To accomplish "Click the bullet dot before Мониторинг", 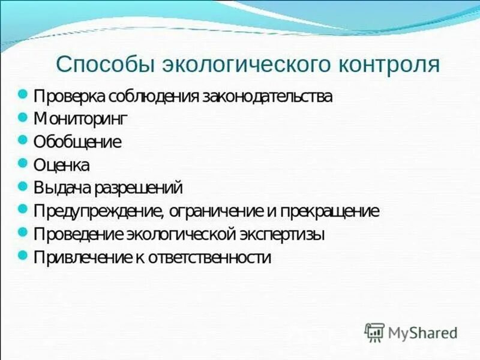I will (x=23, y=117).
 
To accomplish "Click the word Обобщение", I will (x=77, y=142).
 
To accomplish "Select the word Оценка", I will (x=62, y=165).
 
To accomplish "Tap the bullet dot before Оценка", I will (x=23, y=163).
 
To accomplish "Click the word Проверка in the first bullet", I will (x=69, y=97).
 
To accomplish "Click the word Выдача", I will (x=63, y=188).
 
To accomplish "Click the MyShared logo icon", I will (x=374, y=332).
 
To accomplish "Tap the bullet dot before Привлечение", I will (x=23, y=255).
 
